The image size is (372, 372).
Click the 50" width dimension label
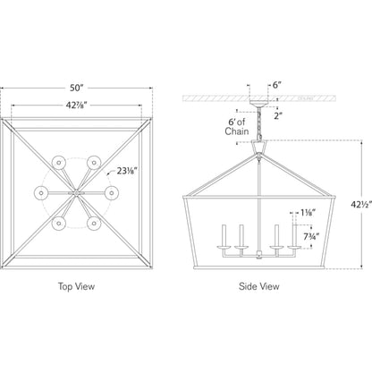click(76, 88)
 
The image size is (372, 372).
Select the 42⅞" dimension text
click(76, 106)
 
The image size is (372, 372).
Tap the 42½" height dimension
click(361, 205)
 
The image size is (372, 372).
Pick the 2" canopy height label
click(278, 115)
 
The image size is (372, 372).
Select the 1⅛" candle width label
click(308, 213)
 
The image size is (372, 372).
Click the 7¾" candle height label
click(311, 237)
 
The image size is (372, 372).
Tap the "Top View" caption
click(76, 286)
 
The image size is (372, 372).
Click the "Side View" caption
click(259, 286)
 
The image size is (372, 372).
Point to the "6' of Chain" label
click(237, 127)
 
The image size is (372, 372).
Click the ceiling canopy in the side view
click(258, 104)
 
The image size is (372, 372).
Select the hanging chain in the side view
click(259, 123)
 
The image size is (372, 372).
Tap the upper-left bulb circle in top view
click(59, 163)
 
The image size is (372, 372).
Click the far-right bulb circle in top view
click(112, 193)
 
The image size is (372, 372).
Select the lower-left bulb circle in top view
click(59, 224)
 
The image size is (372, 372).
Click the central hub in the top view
click(76, 193)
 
